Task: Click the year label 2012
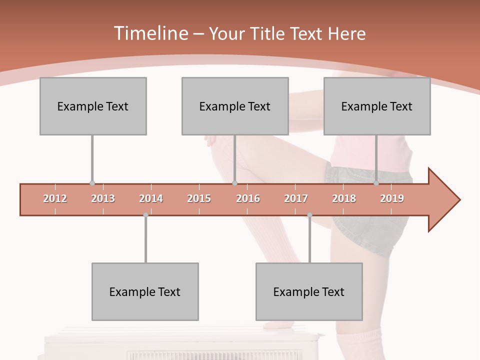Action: pyautogui.click(x=55, y=199)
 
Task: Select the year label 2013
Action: pyautogui.click(x=103, y=199)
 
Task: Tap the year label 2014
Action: pyautogui.click(x=151, y=199)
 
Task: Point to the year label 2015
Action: pyautogui.click(x=199, y=199)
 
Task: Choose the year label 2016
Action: pyautogui.click(x=248, y=199)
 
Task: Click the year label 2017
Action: pyautogui.click(x=296, y=199)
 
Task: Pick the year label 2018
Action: pyautogui.click(x=344, y=199)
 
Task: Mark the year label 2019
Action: pyautogui.click(x=392, y=199)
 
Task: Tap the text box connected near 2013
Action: pyautogui.click(x=93, y=106)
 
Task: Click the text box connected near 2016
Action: pyautogui.click(x=235, y=106)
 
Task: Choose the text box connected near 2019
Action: pyautogui.click(x=377, y=106)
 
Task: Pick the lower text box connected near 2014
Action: pyautogui.click(x=145, y=291)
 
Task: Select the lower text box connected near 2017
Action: pyautogui.click(x=309, y=291)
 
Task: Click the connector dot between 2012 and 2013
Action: pyautogui.click(x=92, y=183)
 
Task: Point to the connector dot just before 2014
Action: pyautogui.click(x=145, y=215)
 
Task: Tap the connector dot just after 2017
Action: pyautogui.click(x=309, y=215)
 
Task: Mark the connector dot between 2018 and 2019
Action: pyautogui.click(x=376, y=183)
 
